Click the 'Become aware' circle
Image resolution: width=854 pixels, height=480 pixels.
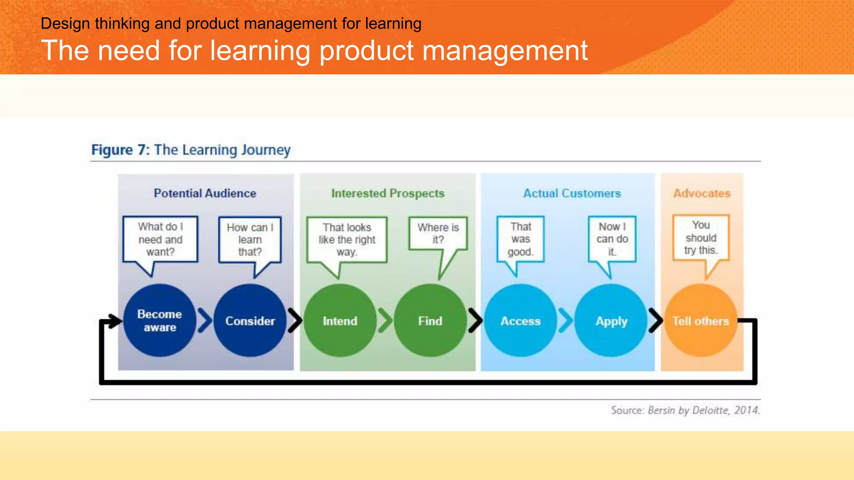(160, 320)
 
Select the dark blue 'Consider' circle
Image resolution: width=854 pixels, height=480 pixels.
(250, 320)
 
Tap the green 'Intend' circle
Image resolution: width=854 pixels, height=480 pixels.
(340, 320)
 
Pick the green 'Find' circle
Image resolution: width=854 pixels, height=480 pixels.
(430, 320)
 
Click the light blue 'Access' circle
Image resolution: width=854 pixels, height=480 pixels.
(520, 320)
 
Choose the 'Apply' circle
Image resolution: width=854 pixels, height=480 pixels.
(611, 320)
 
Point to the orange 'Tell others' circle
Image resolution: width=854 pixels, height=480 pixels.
(701, 320)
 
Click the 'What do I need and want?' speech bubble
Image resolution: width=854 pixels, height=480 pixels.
(161, 239)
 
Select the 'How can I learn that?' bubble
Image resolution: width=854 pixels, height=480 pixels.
(250, 239)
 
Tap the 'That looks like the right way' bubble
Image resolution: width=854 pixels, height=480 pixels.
(347, 240)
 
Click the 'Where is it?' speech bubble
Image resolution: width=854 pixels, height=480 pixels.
(438, 233)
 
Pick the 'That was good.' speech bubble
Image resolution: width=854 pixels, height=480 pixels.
(520, 239)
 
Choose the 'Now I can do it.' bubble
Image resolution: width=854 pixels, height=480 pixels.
(612, 239)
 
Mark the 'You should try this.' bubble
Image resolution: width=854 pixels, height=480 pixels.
(701, 237)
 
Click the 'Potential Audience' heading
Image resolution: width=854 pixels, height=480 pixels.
(205, 193)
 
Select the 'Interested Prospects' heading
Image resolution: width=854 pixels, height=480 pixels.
(387, 193)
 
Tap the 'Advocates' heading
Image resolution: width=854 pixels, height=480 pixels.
(702, 193)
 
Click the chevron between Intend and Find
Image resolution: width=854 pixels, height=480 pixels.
(385, 320)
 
